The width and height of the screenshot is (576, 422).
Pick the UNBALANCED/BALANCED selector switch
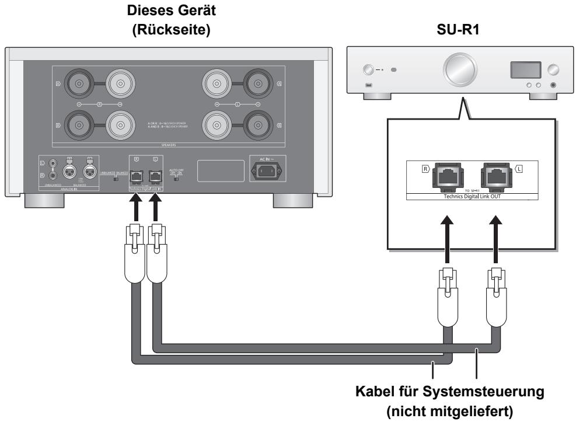116,177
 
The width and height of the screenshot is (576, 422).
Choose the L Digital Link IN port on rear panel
155,176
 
